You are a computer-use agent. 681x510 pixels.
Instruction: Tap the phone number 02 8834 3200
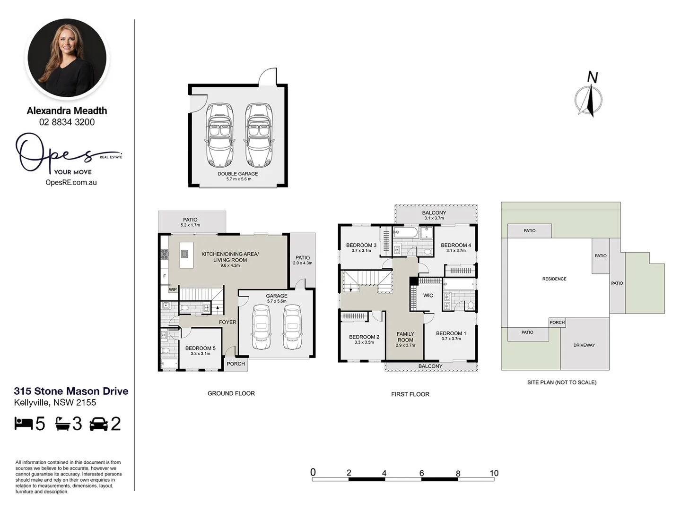67,122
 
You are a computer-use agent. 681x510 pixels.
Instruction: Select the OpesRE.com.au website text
71,182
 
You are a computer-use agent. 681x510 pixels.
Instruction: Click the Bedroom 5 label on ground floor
200,348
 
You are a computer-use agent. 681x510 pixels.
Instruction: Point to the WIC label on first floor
428,296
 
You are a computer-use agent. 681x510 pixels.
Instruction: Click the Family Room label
405,337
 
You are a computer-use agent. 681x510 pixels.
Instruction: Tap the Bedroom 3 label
361,245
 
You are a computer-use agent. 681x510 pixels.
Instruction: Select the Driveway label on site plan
584,345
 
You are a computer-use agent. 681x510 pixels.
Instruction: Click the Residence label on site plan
554,279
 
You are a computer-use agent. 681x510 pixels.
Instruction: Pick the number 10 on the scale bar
494,473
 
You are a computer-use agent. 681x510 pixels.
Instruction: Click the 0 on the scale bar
313,472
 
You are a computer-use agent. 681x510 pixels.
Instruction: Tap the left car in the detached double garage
220,135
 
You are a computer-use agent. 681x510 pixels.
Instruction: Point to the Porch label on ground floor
236,364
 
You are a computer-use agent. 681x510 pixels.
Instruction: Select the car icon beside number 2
98,424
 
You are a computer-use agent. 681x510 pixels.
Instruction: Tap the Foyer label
227,322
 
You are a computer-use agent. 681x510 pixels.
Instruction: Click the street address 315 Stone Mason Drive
71,391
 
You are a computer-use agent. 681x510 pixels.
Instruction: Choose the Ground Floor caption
231,393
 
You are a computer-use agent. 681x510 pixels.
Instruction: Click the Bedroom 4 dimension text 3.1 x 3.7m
456,251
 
